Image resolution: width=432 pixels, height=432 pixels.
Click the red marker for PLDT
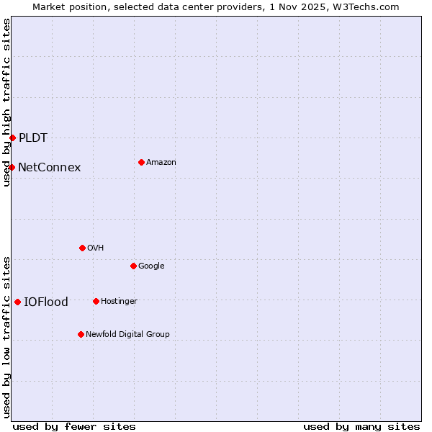coord(12,138)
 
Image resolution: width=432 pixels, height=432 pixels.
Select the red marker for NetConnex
coord(12,167)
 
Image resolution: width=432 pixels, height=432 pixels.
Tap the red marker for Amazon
coord(141,162)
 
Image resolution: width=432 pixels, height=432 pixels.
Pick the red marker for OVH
coord(82,248)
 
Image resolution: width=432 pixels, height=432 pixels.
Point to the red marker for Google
coord(133,266)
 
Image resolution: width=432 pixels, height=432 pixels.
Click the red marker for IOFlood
coord(17,302)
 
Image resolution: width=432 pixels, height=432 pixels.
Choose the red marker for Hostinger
coord(96,301)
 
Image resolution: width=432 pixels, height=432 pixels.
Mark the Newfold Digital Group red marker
coord(81,334)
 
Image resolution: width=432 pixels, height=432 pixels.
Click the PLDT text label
coord(33,138)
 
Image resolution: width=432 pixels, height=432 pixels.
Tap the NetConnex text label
coord(49,167)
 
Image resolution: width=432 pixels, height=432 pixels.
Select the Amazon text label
coord(161,162)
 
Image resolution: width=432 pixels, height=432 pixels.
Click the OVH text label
coord(96,248)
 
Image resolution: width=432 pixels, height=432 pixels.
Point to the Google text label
coord(151,266)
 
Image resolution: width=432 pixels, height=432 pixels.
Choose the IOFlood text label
coord(46,302)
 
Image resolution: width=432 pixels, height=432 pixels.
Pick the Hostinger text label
coord(119,301)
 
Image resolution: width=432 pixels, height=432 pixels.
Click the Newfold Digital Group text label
coord(127,334)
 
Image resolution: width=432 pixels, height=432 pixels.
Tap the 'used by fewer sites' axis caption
coord(74,426)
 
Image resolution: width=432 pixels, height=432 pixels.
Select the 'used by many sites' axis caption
coord(361,426)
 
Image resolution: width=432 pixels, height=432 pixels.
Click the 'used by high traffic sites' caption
coord(6,102)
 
